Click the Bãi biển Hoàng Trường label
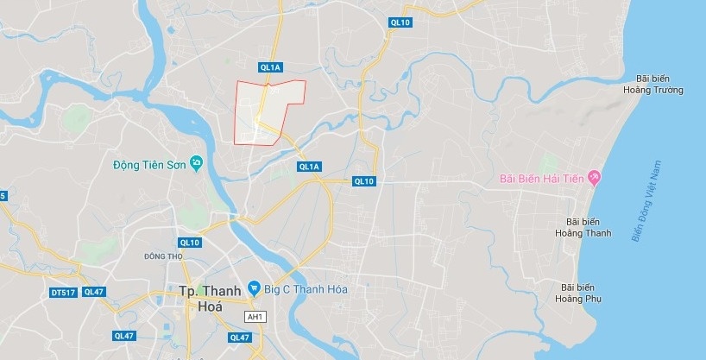click(659, 83)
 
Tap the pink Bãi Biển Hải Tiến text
click(540, 180)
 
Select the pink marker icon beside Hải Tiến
click(594, 179)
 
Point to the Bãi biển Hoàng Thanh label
click(583, 227)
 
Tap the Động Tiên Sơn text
click(150, 164)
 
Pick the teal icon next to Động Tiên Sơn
click(197, 163)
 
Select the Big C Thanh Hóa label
click(307, 288)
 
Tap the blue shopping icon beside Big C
click(254, 287)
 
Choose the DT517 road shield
click(63, 293)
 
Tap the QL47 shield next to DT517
click(94, 293)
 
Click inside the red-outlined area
click(268, 112)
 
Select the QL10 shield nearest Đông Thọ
click(189, 243)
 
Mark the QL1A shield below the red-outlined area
click(308, 167)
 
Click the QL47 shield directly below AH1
click(239, 337)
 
